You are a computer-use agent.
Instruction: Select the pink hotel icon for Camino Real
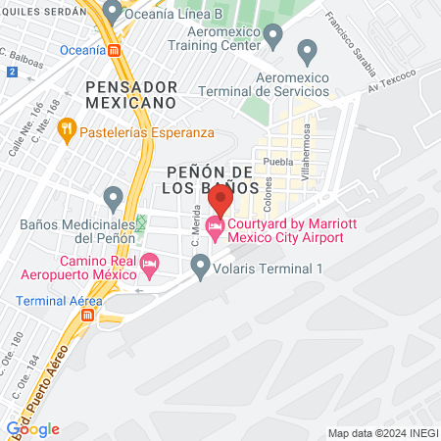tap(149, 263)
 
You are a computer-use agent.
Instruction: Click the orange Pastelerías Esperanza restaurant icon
tap(67, 127)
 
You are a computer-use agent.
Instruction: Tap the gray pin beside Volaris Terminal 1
tap(201, 264)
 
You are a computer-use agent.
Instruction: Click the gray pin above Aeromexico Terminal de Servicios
tap(308, 51)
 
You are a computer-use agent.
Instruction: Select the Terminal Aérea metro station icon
tap(89, 316)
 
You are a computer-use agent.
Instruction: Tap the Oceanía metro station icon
tap(116, 49)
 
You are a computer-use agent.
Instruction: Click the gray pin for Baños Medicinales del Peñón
tap(114, 200)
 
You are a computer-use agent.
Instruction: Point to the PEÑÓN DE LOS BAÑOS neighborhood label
tap(206, 178)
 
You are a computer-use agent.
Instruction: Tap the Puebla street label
tap(279, 162)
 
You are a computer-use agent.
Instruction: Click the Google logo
tap(33, 428)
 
